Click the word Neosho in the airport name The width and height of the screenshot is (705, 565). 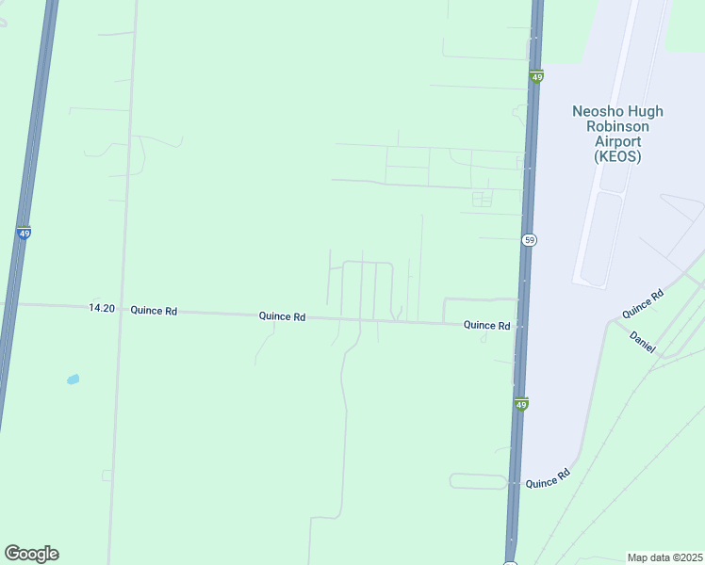coord(595,111)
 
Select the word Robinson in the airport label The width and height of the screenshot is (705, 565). coord(617,126)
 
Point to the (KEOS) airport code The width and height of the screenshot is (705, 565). coord(617,157)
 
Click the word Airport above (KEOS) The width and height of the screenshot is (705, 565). coord(617,141)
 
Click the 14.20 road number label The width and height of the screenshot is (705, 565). coord(102,308)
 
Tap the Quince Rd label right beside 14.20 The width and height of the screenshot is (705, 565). coord(154,310)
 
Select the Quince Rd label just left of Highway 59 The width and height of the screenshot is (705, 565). coord(486,326)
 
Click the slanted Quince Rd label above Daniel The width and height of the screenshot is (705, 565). coord(642,302)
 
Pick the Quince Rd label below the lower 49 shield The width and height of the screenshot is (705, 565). coord(548,478)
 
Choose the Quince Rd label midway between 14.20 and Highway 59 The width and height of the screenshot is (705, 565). coord(282,317)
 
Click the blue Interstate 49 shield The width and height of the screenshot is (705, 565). coord(23,234)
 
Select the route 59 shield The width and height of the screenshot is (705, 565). coord(530,240)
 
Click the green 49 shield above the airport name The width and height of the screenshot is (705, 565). coord(536,77)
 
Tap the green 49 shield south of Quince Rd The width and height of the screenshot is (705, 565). coord(521,405)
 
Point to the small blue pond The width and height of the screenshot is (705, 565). coord(73,379)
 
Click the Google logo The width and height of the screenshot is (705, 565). coord(31,554)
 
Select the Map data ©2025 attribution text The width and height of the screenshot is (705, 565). coord(665,557)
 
